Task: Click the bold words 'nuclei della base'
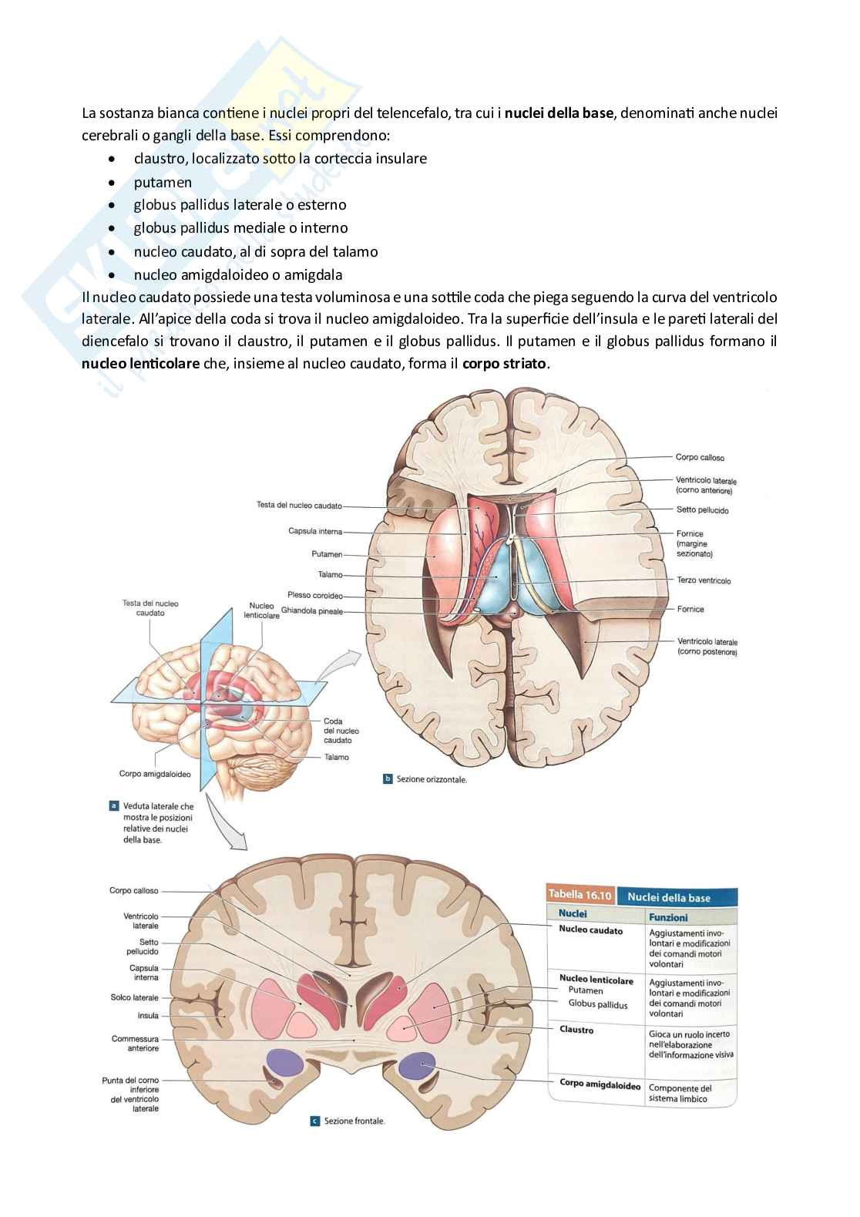tap(559, 113)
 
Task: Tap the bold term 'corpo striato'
tap(506, 364)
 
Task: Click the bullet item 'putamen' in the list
tap(163, 182)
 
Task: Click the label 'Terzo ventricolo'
tap(704, 580)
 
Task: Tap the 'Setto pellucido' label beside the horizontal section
tap(702, 510)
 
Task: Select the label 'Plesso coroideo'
tap(315, 595)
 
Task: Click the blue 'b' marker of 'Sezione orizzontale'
tap(388, 778)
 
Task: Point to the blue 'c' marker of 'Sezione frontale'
tap(314, 1121)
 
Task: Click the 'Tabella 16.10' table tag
tap(579, 895)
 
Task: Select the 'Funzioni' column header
tap(668, 917)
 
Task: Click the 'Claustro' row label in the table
tap(576, 1030)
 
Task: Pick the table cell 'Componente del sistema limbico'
tap(680, 1093)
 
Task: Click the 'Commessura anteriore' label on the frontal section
tap(135, 1044)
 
